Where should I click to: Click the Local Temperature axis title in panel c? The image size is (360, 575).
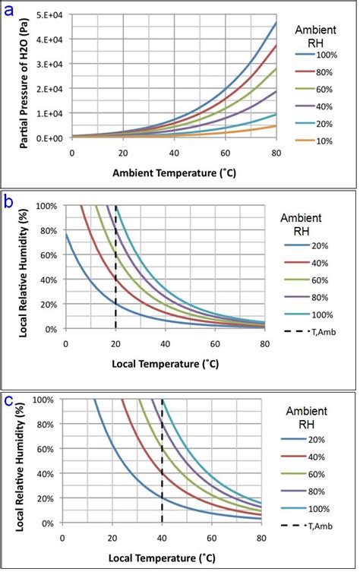click(163, 558)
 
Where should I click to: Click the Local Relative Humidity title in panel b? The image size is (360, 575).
click(25, 267)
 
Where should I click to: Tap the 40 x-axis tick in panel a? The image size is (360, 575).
click(173, 153)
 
